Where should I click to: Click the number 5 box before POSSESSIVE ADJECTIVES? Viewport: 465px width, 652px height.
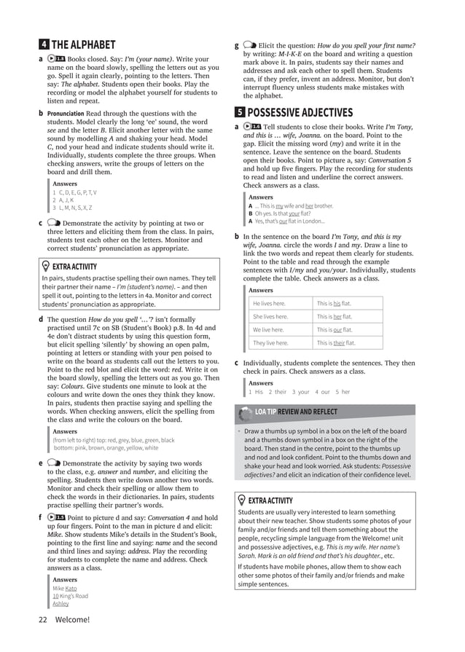(240, 112)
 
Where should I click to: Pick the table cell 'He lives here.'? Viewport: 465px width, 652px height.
(269, 304)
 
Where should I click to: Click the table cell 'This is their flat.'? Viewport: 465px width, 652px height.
(336, 342)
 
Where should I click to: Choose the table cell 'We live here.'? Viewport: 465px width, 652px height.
(268, 329)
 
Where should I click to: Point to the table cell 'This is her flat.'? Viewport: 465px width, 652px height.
(334, 317)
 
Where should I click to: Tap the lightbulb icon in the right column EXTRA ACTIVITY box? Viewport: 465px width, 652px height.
(242, 500)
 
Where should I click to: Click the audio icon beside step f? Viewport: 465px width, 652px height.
(58, 517)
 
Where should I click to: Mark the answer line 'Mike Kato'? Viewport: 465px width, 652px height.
(64, 588)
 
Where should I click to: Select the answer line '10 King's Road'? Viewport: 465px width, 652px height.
(71, 596)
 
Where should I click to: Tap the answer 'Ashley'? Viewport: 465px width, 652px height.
(60, 604)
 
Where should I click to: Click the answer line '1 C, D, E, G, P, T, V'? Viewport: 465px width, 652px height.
(74, 192)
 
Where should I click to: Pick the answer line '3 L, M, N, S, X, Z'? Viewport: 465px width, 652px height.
(72, 208)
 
